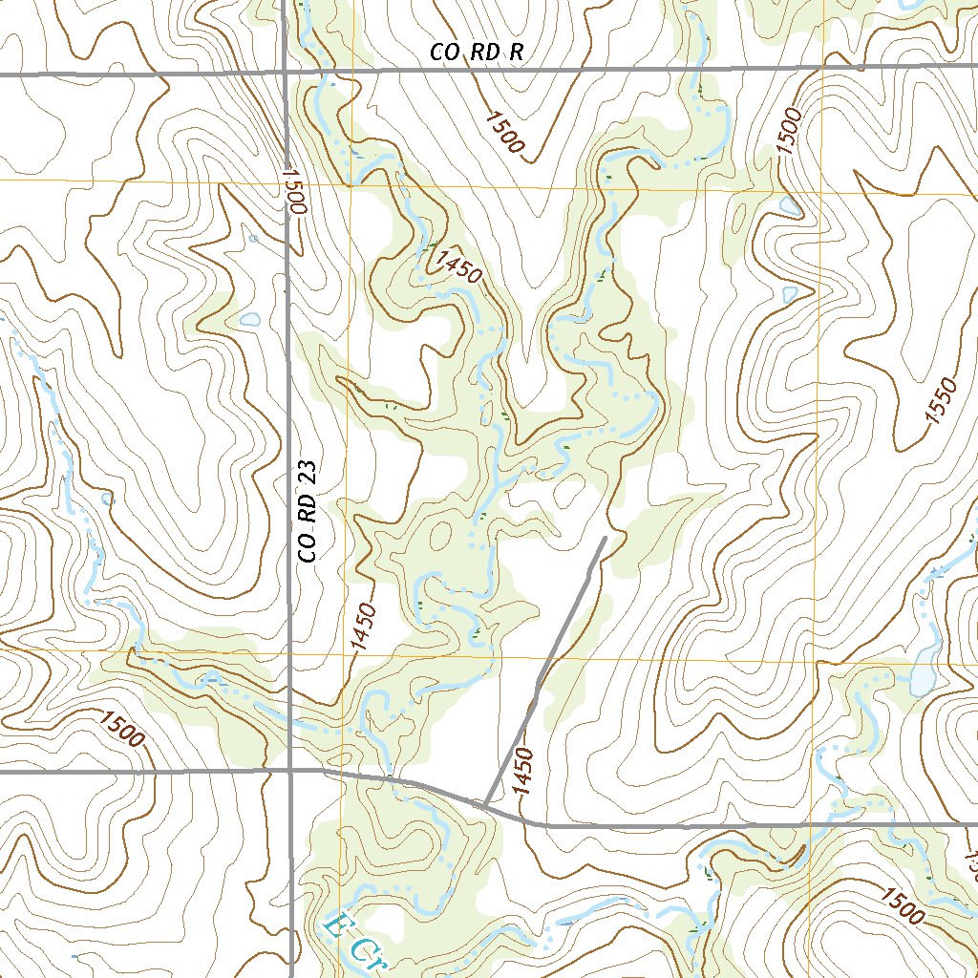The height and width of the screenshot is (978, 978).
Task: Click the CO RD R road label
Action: coord(477,53)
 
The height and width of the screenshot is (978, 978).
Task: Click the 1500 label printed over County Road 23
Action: coord(292,191)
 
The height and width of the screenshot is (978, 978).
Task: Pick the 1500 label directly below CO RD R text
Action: coord(505,132)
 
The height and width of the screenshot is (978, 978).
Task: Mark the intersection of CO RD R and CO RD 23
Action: coord(287,73)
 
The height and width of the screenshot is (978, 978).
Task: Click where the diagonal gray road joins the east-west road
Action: coord(485,805)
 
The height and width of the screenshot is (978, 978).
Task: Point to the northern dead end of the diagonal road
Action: coord(605,539)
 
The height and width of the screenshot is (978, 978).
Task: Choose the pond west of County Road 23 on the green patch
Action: coord(250,320)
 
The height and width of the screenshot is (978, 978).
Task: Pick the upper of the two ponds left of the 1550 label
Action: coord(790,205)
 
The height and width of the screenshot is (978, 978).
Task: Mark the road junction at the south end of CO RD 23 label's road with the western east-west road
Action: coord(290,768)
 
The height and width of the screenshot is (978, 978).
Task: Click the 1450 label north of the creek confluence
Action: coord(455,265)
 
